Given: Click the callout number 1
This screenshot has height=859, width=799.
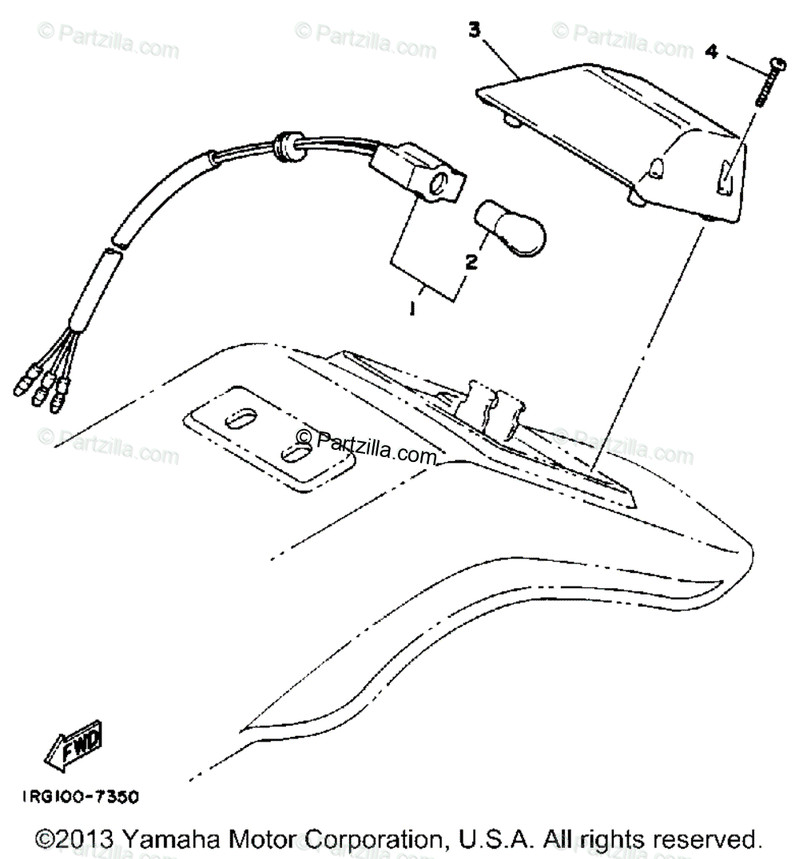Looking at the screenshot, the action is pos(412,308).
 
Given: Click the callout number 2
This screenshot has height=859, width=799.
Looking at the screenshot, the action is pos(471,261).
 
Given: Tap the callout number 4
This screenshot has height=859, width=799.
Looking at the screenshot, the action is pos(711,53).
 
